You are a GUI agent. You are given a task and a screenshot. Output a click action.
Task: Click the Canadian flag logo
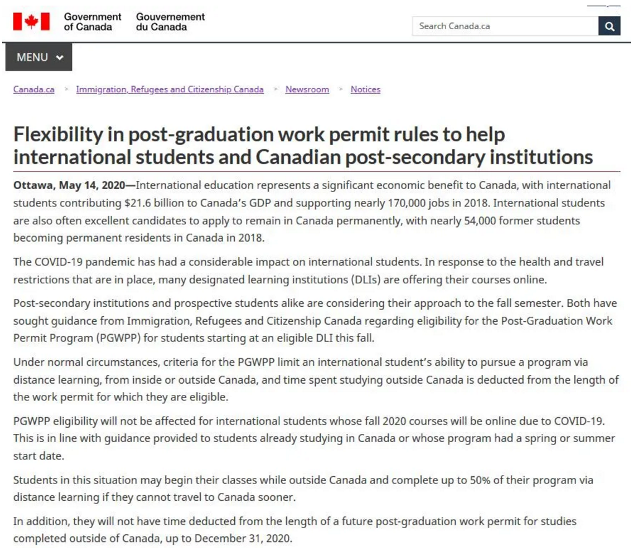pos(31,22)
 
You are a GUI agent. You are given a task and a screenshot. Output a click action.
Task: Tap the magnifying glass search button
pos(610,26)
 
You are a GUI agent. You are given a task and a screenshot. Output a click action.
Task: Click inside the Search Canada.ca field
pos(505,26)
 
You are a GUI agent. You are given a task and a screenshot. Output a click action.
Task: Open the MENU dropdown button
pos(39,57)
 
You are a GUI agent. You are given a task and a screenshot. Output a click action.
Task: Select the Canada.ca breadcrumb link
pos(33,89)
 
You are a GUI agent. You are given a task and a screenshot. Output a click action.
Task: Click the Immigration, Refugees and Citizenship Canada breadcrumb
pos(170,89)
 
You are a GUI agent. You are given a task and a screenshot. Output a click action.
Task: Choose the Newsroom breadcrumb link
pos(307,89)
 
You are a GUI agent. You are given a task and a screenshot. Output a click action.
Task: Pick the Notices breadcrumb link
pos(365,89)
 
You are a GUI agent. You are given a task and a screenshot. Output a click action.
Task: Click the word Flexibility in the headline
pos(57,134)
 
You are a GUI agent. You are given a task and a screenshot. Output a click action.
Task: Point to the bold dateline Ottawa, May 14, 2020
pos(69,185)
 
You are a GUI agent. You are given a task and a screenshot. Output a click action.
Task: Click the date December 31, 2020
pos(243,538)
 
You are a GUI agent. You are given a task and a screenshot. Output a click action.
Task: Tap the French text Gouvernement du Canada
pos(170,22)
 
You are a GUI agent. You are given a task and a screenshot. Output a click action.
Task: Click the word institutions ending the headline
pos(534,157)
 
